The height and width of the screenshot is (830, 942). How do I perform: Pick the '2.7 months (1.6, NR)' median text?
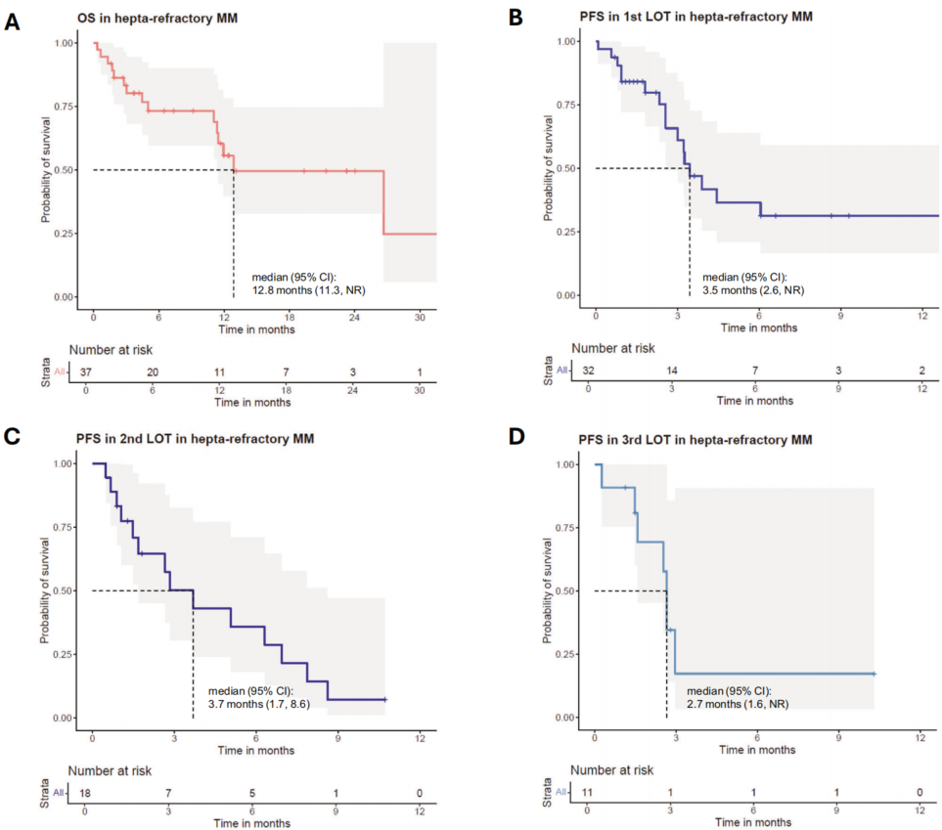tap(731, 704)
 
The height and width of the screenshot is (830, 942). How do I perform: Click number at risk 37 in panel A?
tap(86, 373)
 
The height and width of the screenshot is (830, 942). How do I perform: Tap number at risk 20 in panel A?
tap(153, 373)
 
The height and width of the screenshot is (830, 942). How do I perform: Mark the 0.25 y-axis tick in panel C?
tap(64, 654)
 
